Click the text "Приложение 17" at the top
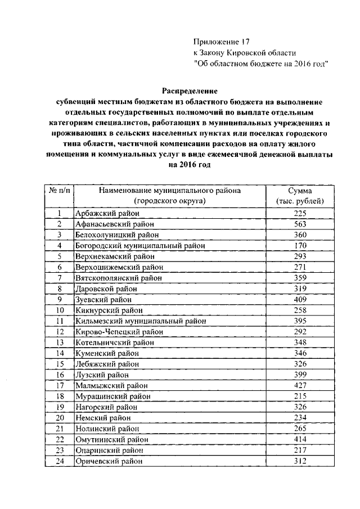click(x=220, y=42)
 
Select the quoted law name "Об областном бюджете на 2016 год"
click(x=260, y=63)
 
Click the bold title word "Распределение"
click(x=189, y=90)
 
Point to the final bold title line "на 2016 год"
click(x=189, y=165)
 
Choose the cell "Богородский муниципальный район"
click(x=139, y=245)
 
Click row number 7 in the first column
click(x=58, y=278)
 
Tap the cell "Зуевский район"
click(x=100, y=299)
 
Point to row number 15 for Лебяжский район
click(x=58, y=364)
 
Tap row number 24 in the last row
click(x=58, y=461)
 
